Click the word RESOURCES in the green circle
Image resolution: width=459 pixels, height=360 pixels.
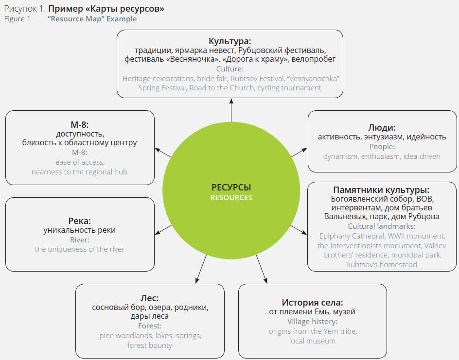[231, 198]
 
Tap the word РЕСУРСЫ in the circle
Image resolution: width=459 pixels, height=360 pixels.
[231, 188]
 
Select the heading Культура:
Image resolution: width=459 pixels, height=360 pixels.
[230, 41]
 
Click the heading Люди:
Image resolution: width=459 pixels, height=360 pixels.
[382, 127]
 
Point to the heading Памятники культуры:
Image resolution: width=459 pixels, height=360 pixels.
[381, 189]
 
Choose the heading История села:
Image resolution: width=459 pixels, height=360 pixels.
[313, 302]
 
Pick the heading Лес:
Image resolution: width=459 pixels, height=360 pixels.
[150, 298]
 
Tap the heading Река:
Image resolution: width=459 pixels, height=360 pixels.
[80, 221]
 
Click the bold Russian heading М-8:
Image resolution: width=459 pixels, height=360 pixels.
[80, 124]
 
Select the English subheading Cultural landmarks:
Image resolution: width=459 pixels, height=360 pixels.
[382, 226]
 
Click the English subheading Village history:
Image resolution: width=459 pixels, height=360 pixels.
[313, 322]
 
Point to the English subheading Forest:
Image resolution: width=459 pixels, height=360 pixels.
[150, 326]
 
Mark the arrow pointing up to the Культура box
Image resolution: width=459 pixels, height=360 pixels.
[231, 109]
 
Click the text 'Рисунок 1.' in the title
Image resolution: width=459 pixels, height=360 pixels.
[25, 9]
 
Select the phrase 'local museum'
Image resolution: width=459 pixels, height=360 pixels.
[312, 341]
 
